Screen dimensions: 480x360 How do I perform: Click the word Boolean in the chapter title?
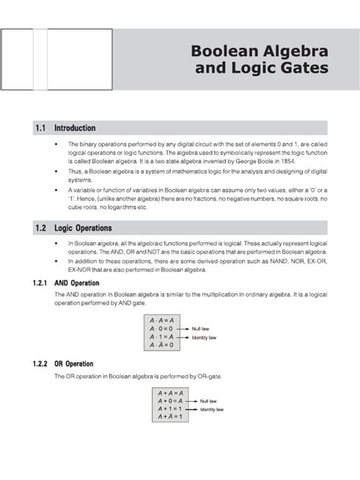215,54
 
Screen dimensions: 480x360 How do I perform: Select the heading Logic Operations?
95,228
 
